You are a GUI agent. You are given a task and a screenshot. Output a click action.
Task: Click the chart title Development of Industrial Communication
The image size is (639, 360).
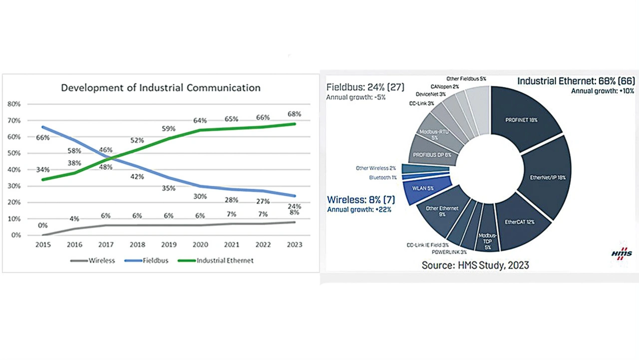coord(160,88)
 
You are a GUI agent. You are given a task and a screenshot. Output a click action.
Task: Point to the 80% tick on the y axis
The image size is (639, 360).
coord(13,104)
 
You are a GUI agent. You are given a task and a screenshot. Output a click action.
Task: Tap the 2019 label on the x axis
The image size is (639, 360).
coord(168,245)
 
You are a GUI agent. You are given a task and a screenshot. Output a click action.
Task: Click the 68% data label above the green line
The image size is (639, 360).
coord(294,114)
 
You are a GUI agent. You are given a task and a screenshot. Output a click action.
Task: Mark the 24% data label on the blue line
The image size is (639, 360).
coord(294,206)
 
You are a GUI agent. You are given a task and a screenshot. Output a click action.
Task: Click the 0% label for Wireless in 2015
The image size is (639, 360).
coord(43,225)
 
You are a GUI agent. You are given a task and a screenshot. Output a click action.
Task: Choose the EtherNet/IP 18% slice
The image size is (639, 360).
coord(547,177)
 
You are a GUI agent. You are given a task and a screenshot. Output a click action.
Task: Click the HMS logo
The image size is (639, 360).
coord(622,254)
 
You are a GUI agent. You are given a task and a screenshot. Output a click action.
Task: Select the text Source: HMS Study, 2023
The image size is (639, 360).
coord(475,265)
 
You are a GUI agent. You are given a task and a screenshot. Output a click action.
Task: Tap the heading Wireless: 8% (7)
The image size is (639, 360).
coord(360,200)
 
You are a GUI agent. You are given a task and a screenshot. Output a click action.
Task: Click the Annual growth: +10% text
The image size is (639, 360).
coord(603,91)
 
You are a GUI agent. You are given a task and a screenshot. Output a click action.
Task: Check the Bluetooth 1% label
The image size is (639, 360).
coord(383,178)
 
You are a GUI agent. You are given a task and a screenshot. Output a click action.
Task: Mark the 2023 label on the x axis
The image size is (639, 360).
coord(294,245)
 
